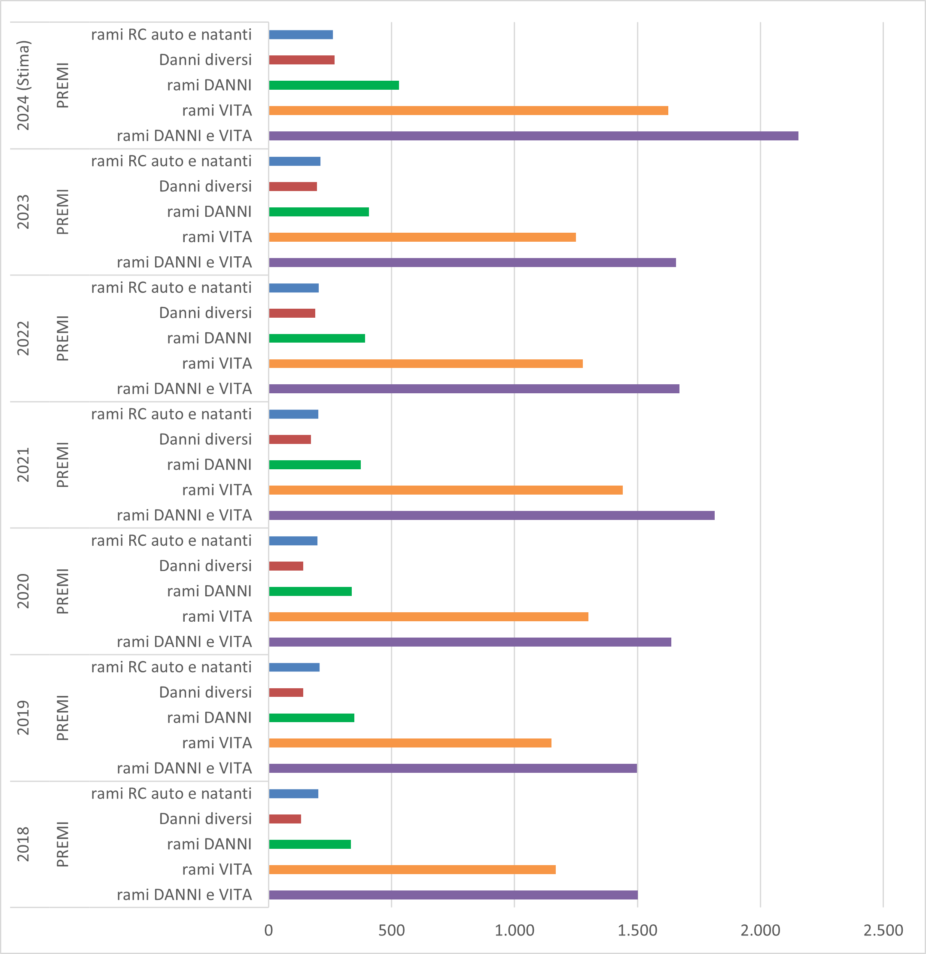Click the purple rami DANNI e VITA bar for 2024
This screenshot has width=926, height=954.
pos(533,136)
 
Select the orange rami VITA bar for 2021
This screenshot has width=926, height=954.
pos(445,490)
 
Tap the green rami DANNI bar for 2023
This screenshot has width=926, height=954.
pos(319,212)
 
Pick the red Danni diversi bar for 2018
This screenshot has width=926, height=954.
pos(285,819)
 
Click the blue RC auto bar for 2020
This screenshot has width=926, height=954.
pos(293,541)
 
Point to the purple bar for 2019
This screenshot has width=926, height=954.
pos(453,769)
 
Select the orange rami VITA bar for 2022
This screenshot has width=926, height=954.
pos(426,364)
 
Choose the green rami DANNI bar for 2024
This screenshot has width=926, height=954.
pos(334,85)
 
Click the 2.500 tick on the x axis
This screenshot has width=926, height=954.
pos(883,930)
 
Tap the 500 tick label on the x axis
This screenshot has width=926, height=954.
pos(391,930)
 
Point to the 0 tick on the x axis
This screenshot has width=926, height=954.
pos(269,930)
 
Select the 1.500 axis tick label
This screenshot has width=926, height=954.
pos(637,930)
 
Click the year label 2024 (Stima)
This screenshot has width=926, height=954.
pos(23,85)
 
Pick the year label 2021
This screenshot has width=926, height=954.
pos(23,465)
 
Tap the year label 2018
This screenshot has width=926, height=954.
pos(23,845)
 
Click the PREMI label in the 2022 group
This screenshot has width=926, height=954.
pos(63,338)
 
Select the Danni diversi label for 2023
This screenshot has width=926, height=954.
pos(205,186)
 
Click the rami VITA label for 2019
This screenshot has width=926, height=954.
pos(217,743)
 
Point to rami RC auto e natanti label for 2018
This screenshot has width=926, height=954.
pos(171,794)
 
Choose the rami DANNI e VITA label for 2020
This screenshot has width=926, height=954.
pos(185,642)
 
